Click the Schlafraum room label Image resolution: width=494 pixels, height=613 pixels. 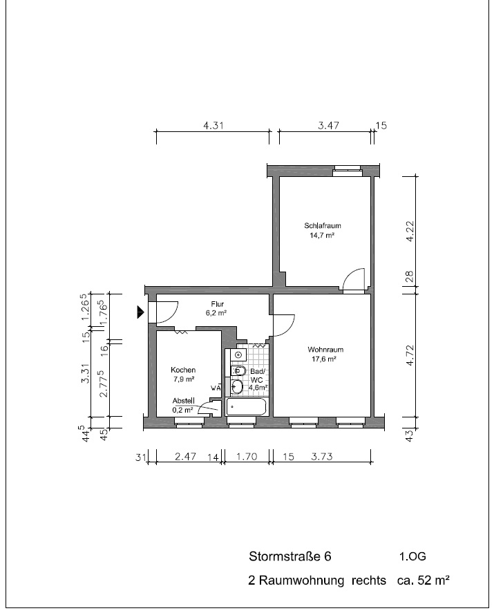(x=323, y=225)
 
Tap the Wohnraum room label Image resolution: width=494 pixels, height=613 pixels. (x=325, y=350)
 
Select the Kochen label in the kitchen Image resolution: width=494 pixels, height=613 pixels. (x=183, y=370)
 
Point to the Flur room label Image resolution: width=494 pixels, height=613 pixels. (x=218, y=304)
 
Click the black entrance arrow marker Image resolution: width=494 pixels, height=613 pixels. (x=140, y=312)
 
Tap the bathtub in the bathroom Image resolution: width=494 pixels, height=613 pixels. (x=247, y=407)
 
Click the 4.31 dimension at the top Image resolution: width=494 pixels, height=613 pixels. (x=213, y=126)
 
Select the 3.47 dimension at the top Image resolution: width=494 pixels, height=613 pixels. (x=328, y=126)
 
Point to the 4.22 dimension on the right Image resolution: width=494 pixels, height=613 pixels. (x=409, y=232)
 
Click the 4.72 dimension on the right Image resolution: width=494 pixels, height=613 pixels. (x=409, y=355)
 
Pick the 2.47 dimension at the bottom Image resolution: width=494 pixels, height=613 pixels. (x=185, y=456)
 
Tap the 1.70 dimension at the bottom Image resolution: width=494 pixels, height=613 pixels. (x=247, y=456)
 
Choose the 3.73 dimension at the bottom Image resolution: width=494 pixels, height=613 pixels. (x=322, y=456)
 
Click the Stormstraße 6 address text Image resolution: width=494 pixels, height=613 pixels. (x=290, y=556)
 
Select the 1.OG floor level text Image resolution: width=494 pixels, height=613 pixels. (x=412, y=556)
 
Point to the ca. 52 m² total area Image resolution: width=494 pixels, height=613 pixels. (x=424, y=580)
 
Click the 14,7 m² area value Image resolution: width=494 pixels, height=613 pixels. (x=322, y=236)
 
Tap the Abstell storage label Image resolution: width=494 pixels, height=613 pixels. (x=183, y=401)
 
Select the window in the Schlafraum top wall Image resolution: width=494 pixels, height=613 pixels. (x=347, y=171)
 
